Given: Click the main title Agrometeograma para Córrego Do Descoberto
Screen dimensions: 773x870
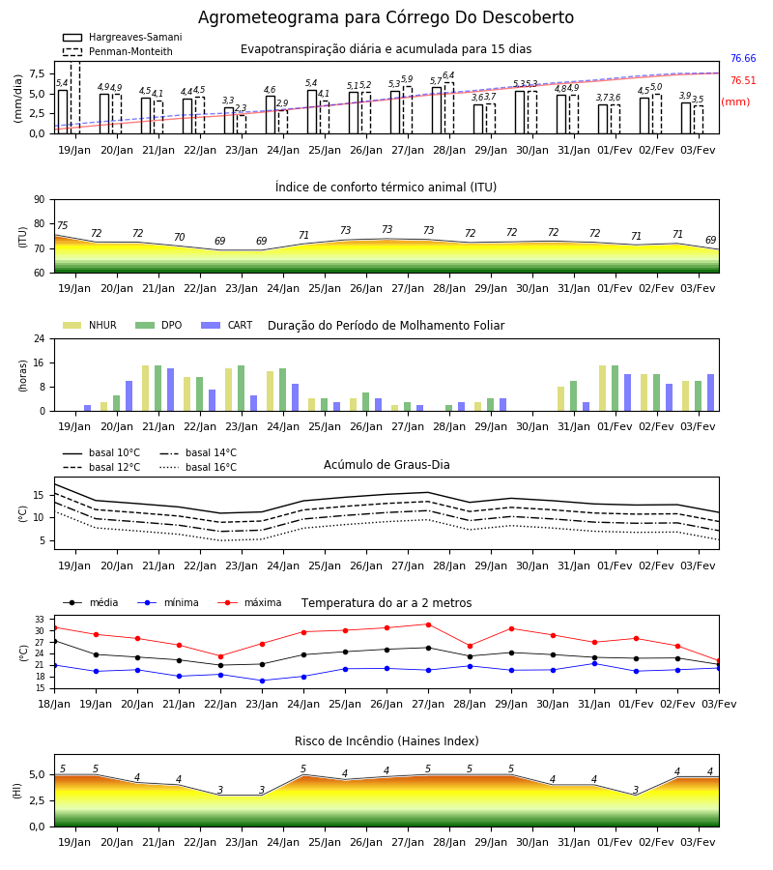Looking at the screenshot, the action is click(x=386, y=17).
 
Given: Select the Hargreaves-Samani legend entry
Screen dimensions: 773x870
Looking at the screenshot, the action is click(x=122, y=37).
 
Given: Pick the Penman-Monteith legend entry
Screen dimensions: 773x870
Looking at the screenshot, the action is click(x=118, y=51).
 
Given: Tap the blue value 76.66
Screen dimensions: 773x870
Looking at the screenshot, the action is click(x=743, y=58).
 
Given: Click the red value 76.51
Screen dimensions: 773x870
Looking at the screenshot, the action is click(x=743, y=80).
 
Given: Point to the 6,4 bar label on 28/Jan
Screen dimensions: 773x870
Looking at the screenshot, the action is click(x=448, y=74).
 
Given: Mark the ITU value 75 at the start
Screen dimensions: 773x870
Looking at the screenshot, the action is click(x=62, y=225).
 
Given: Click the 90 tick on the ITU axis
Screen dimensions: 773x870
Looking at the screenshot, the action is click(x=40, y=200).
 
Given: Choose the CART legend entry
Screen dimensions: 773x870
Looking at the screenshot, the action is click(x=227, y=325).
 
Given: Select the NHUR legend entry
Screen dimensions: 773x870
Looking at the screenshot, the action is click(x=90, y=325).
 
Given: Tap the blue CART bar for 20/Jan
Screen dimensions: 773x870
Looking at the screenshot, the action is click(x=129, y=396).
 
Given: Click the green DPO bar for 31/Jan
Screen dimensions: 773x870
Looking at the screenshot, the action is click(x=573, y=396).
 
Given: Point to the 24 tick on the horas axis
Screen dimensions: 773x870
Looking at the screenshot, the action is click(x=40, y=338).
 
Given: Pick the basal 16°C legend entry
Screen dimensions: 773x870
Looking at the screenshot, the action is click(x=198, y=467).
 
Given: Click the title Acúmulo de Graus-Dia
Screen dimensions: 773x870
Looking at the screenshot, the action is click(x=386, y=464).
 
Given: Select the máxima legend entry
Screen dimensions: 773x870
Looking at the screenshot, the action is click(x=249, y=602).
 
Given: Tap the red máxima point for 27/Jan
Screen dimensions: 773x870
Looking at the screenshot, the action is click(x=429, y=624).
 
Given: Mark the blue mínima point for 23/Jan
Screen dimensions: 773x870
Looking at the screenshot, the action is click(x=262, y=681).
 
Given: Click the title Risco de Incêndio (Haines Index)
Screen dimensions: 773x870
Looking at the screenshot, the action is click(x=386, y=741).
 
